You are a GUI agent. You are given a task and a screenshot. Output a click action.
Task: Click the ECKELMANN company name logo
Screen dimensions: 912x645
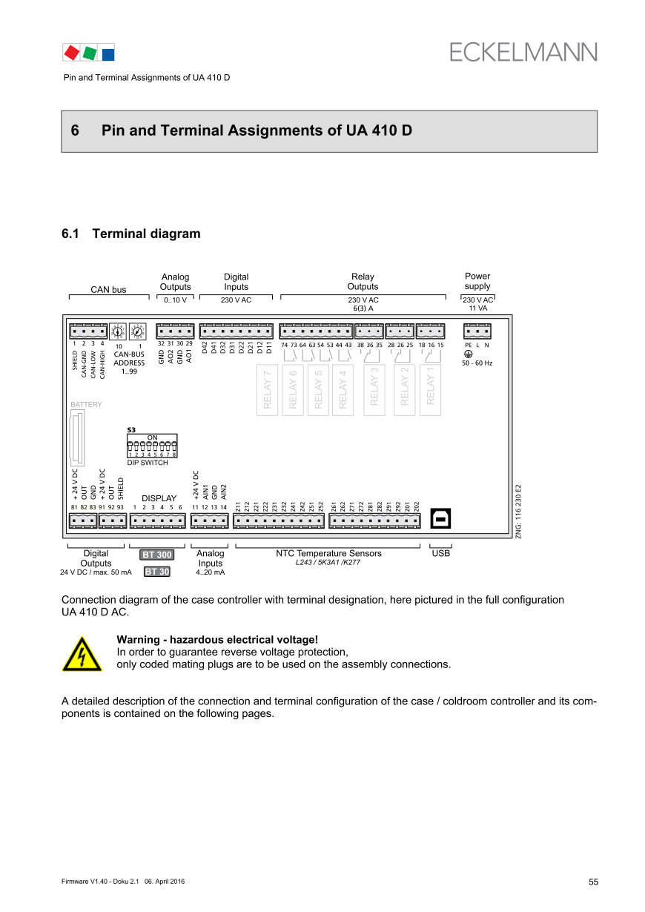[x=523, y=52]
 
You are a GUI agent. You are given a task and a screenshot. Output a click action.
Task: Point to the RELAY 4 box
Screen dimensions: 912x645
[x=343, y=390]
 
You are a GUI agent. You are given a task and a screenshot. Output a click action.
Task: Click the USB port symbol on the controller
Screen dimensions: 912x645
[x=440, y=519]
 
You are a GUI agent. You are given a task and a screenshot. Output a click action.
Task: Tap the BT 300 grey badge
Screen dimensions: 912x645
[x=156, y=555]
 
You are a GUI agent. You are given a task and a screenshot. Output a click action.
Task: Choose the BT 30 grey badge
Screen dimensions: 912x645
[x=156, y=572]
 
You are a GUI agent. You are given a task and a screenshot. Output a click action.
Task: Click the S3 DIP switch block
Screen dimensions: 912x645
[x=152, y=448]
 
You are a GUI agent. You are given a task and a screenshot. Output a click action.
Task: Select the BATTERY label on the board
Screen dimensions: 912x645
[x=86, y=405]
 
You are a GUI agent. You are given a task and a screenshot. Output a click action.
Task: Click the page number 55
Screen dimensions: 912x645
[x=593, y=882]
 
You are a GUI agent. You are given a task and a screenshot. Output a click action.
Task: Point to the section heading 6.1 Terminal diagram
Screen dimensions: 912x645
[x=131, y=234]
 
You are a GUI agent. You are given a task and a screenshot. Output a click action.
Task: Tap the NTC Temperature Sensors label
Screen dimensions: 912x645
[x=328, y=553]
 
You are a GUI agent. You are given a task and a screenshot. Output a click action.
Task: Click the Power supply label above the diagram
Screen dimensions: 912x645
[x=477, y=282]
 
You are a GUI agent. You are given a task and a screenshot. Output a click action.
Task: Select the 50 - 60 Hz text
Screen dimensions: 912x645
[x=477, y=363]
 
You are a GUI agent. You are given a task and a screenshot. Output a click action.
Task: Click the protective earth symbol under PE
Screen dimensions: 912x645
[x=468, y=354]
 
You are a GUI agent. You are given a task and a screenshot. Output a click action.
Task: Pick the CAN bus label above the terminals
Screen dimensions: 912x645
[x=108, y=290]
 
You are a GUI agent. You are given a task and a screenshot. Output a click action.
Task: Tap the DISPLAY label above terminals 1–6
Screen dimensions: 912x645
[x=159, y=498]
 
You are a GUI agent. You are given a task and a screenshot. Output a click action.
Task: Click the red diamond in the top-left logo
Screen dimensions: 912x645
[x=71, y=53]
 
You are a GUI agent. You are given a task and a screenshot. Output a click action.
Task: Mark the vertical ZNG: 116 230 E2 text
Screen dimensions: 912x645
[x=519, y=512]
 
